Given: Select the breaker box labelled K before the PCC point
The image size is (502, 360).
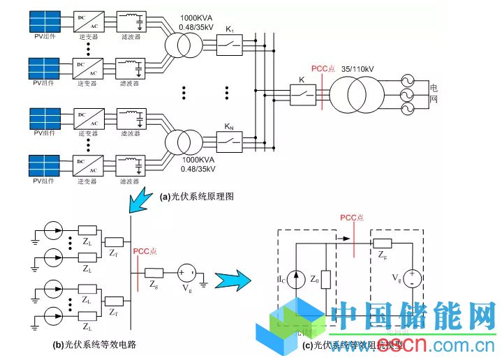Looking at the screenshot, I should point(302,96).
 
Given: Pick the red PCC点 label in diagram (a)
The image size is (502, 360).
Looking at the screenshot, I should point(323,70).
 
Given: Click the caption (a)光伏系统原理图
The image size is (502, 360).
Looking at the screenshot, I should point(196,197).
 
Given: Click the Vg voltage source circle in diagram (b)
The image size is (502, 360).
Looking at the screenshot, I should point(186,272).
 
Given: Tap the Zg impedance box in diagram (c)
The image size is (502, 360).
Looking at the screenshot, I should point(382,243).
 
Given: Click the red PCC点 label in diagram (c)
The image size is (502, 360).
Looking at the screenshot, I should point(352,218).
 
